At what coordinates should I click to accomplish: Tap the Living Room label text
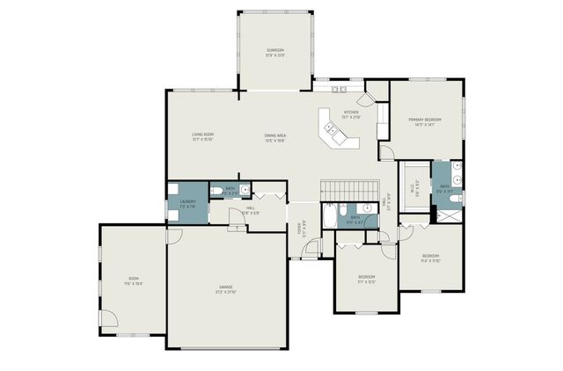coord(203,136)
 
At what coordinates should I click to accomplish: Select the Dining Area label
coord(276,136)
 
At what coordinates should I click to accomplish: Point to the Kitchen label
coord(351,114)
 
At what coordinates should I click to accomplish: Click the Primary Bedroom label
coord(424,122)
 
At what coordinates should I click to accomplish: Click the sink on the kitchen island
coord(333,129)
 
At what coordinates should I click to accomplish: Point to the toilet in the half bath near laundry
coord(216,190)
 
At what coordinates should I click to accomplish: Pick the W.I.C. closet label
coord(414,187)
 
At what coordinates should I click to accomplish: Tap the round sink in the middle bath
coord(370,208)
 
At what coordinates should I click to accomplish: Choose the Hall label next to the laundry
coord(251,210)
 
